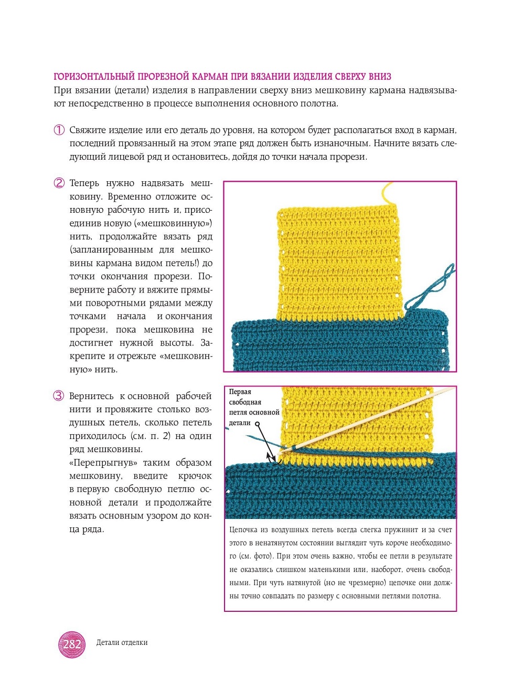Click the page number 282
pyautogui.click(x=72, y=644)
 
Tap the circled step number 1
pyautogui.click(x=59, y=130)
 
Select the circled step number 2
pyautogui.click(x=59, y=183)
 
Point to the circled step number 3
pyautogui.click(x=59, y=396)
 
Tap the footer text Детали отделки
pyautogui.click(x=122, y=642)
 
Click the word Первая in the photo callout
pyautogui.click(x=240, y=392)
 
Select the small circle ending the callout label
pyautogui.click(x=257, y=423)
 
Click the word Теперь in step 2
pyautogui.click(x=84, y=183)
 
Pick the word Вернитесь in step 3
pyautogui.click(x=91, y=396)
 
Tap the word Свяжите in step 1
pyautogui.click(x=88, y=130)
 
